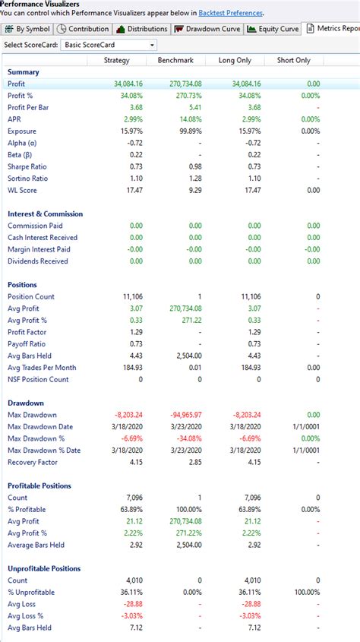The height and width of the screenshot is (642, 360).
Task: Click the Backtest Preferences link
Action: (x=231, y=13)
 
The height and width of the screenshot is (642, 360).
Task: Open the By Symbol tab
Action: (x=28, y=29)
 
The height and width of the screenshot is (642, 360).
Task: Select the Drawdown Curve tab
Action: (x=207, y=29)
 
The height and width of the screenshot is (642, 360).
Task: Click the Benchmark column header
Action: (x=176, y=60)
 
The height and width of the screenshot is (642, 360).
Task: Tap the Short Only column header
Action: (x=293, y=60)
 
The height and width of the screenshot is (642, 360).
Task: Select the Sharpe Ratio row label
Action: (x=27, y=166)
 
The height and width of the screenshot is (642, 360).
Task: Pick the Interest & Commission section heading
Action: (x=45, y=213)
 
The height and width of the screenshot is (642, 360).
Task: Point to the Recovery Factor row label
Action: (x=33, y=462)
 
